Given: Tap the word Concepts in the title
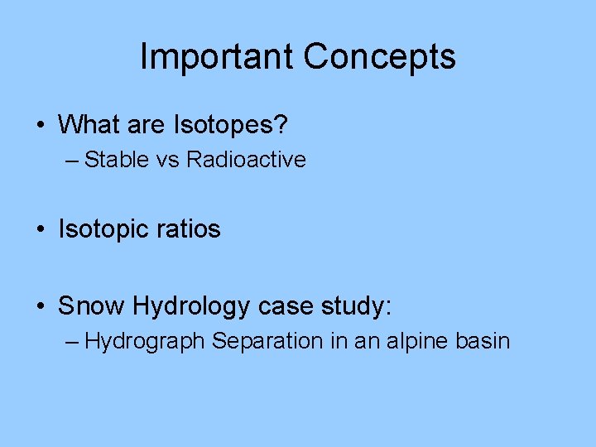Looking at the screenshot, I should pos(379,56).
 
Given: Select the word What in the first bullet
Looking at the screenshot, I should pos(87,125).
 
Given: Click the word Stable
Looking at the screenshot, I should pos(117,159).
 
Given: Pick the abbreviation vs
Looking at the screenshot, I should pos(168,159).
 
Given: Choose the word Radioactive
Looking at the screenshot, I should pos(246,159).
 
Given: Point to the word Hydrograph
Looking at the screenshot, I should pos(144,340).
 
